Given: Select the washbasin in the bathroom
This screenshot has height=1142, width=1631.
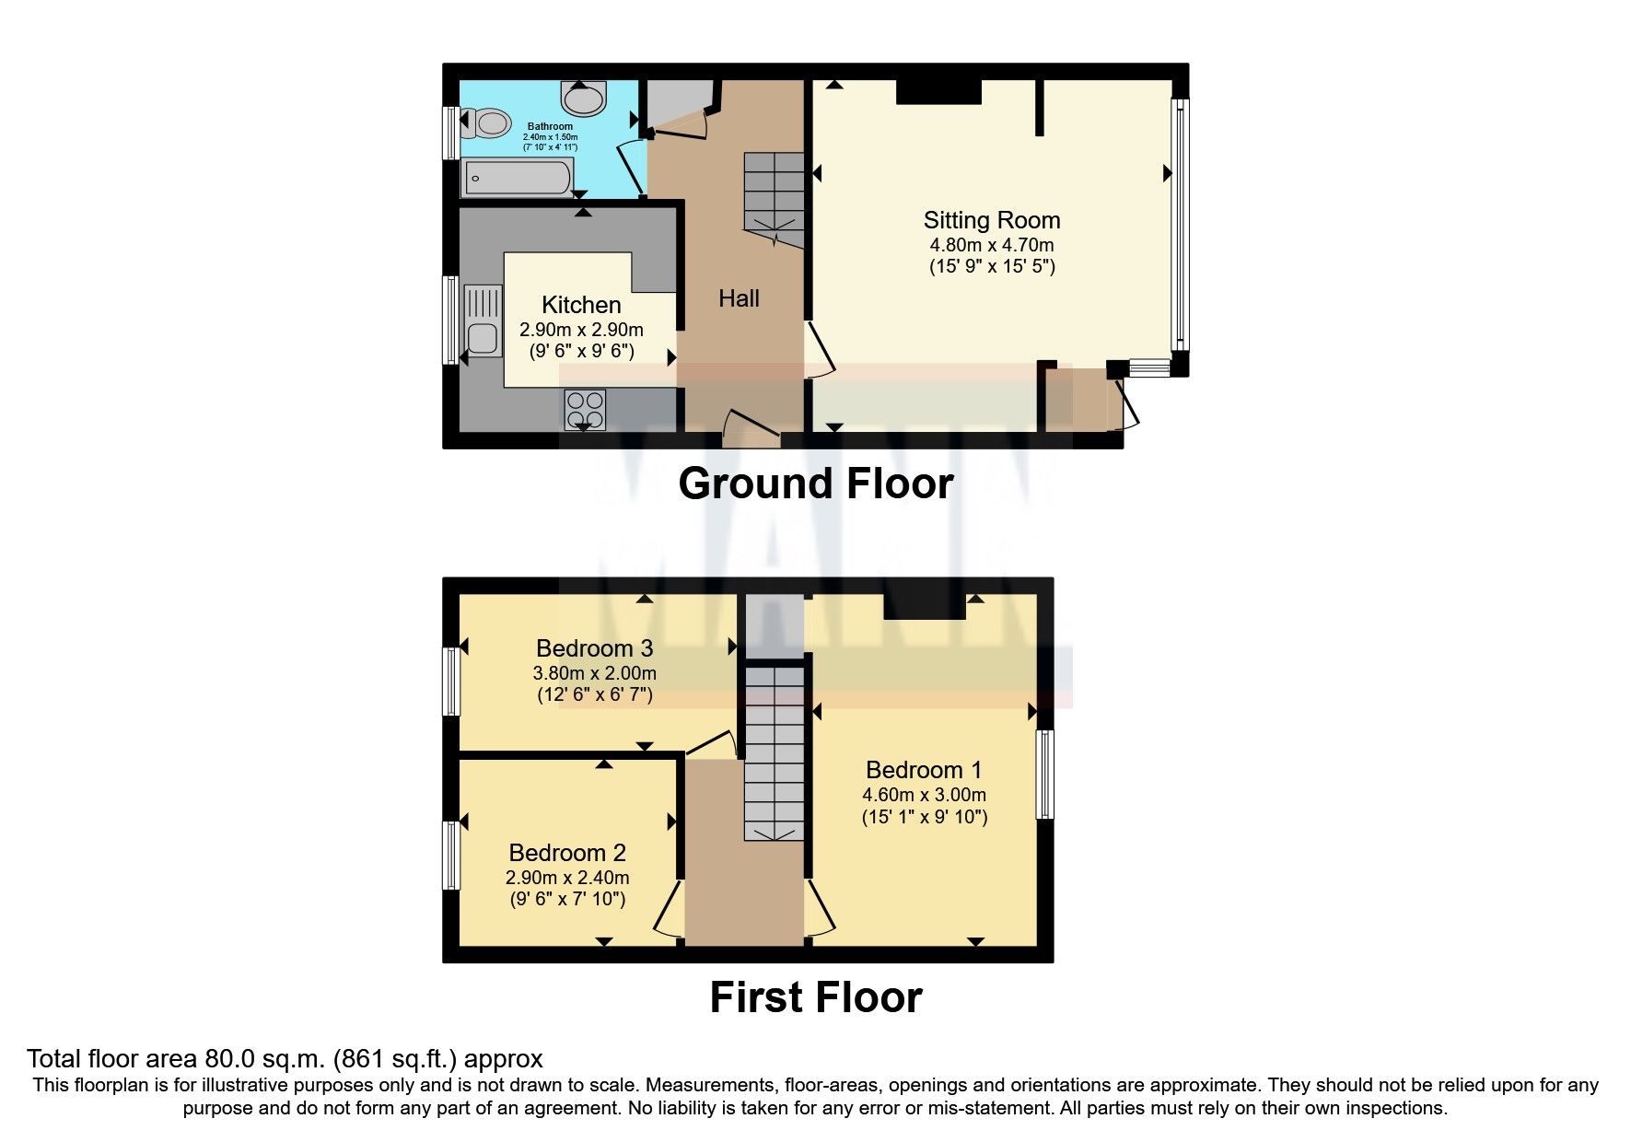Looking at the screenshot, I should [x=585, y=96].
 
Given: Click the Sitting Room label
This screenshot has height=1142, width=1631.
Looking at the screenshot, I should [x=992, y=220].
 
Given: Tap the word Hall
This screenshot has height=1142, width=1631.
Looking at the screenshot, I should [x=739, y=298].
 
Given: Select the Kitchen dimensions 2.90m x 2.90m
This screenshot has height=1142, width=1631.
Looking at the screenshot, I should [x=581, y=330].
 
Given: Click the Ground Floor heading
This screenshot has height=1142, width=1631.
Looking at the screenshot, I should [x=815, y=484].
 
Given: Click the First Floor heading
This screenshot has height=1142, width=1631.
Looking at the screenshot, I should [x=815, y=997].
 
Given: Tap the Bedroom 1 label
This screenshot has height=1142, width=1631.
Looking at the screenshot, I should [x=924, y=770].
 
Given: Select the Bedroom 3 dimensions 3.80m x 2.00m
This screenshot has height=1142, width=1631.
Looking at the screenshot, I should [x=594, y=673].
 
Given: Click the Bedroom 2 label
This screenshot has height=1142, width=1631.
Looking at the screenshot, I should [x=566, y=853].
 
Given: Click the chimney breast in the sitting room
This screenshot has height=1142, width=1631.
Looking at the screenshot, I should [x=938, y=92].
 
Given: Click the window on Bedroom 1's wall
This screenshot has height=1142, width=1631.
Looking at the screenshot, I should [x=1044, y=775].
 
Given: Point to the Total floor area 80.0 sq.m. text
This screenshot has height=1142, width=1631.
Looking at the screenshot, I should [x=285, y=1059].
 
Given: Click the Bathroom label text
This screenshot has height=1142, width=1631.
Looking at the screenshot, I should [x=550, y=126].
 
